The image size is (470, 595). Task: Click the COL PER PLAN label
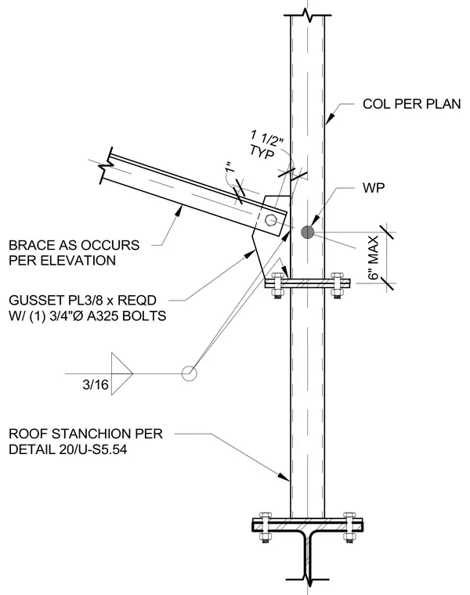(x=411, y=104)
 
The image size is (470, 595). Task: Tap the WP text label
(x=374, y=188)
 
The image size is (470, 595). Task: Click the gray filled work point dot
(x=308, y=233)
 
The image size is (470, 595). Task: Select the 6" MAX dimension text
(x=373, y=258)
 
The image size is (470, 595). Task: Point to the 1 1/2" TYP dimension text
(x=266, y=145)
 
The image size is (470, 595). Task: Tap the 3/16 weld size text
(x=96, y=384)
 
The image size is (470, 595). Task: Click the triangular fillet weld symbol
(x=121, y=373)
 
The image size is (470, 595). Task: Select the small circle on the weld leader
(x=189, y=373)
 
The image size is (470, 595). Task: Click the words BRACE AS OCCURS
(x=74, y=245)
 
